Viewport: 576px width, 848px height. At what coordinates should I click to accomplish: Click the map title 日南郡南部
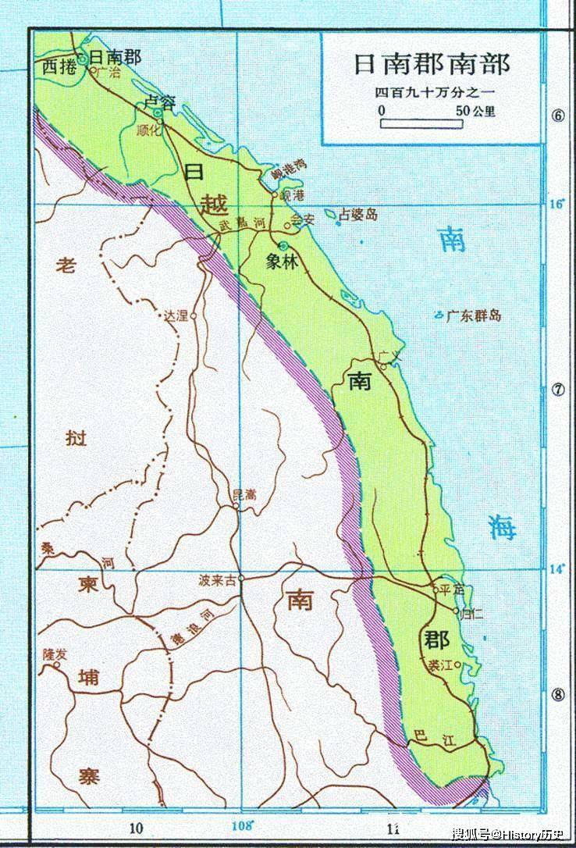(x=432, y=64)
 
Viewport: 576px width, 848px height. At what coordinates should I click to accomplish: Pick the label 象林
(x=282, y=262)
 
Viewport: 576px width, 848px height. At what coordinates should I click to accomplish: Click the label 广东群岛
(x=473, y=316)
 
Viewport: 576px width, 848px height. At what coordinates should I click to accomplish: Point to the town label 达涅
(x=176, y=316)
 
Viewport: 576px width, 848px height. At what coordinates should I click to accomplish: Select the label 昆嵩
(x=244, y=494)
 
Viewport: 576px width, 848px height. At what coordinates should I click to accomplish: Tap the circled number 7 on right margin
(x=557, y=390)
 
